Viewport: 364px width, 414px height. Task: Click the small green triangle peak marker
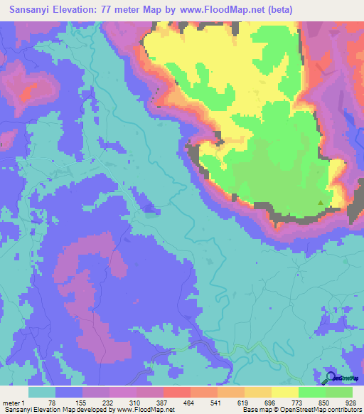coord(320,203)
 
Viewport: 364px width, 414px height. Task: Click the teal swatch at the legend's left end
coord(42,393)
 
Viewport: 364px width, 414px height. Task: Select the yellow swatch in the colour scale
coord(284,393)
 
